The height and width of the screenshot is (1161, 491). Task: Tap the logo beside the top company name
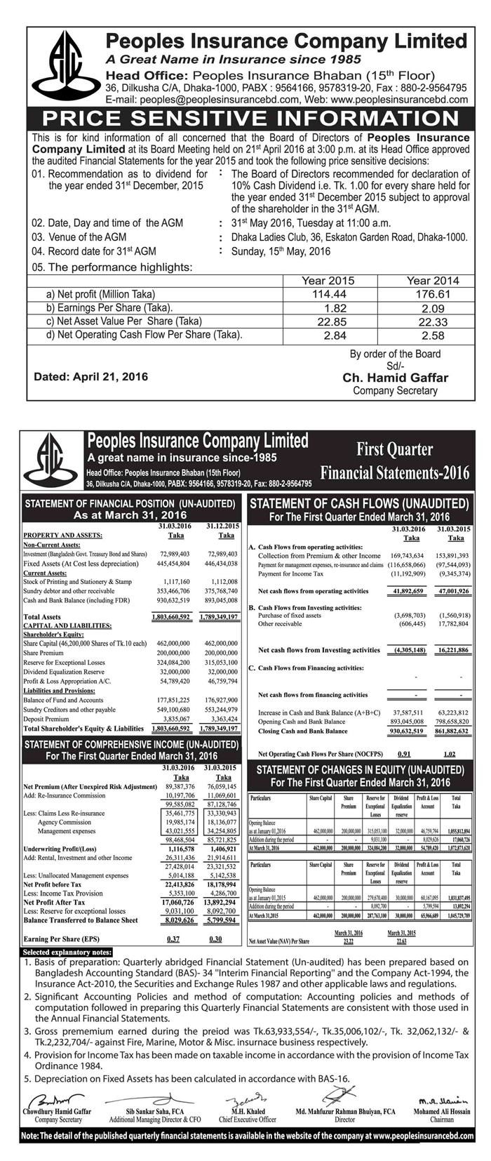tap(62, 66)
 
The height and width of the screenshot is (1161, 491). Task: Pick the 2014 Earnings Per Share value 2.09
tap(433, 307)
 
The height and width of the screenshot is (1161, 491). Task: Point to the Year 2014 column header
tap(433, 280)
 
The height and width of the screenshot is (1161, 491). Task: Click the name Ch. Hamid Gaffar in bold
tap(395, 378)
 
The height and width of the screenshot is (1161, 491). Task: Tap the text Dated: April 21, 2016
tap(91, 377)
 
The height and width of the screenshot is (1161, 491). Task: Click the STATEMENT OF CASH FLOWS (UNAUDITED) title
tap(360, 503)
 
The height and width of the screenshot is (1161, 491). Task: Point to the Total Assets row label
tap(42, 617)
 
